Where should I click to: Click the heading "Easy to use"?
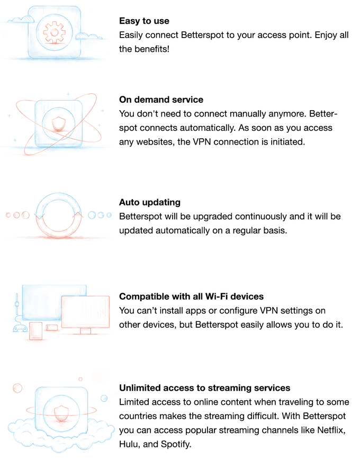click(x=144, y=21)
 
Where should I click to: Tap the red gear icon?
click(x=54, y=32)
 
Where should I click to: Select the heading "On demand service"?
click(x=161, y=100)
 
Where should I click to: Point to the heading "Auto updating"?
click(x=150, y=202)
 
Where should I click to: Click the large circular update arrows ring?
click(x=59, y=194)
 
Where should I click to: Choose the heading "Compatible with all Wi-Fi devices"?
click(x=191, y=296)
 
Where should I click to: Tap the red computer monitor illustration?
click(x=85, y=314)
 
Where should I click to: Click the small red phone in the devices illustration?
click(x=35, y=331)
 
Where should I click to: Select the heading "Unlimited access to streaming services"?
click(x=204, y=388)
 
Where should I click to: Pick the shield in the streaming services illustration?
click(x=61, y=413)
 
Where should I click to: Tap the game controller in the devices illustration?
click(x=20, y=328)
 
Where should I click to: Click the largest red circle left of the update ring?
click(x=26, y=215)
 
